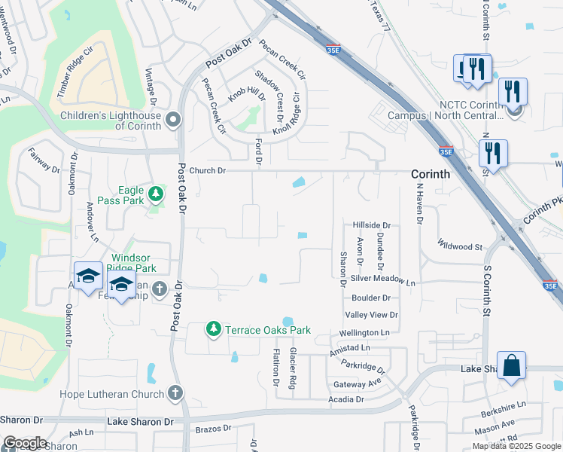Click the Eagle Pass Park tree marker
[x=156, y=194]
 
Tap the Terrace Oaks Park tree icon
[x=215, y=330]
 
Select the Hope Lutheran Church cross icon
[x=175, y=393]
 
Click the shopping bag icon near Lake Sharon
[x=511, y=366]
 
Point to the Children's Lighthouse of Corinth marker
[x=174, y=120]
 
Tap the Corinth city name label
[x=431, y=174]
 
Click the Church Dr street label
[x=207, y=170]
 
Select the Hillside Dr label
[x=372, y=225]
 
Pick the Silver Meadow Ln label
[x=382, y=279]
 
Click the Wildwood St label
[x=461, y=246]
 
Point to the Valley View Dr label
[x=371, y=315]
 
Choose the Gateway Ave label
[x=357, y=384]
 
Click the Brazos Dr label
[x=212, y=429]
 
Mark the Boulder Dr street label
[x=370, y=298]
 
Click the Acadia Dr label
[x=346, y=399]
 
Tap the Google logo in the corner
[x=24, y=443]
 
